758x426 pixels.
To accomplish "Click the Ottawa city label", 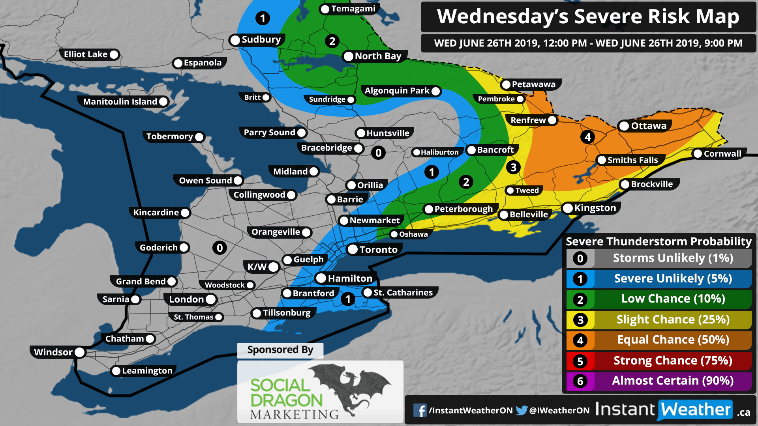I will coord(648,126).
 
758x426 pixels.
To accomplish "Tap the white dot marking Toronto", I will coord(353,249).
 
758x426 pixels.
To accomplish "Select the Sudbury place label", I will coord(261,39).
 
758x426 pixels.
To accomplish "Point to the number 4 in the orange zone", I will coord(587,137).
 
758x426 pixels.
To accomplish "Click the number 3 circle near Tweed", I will coord(513,167).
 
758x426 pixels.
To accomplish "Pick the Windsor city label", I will coord(53,352).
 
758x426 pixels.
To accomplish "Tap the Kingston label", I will coord(595,208).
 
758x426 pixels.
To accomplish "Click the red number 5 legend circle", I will coord(580,361).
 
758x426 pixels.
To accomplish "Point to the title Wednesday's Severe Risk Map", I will coord(588,17).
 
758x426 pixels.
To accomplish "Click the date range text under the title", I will coord(588,43).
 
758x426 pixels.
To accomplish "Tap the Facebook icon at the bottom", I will coord(420,410).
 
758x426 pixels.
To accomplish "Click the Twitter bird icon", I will coord(521,410).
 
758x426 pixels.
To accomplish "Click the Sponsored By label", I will coord(280,350).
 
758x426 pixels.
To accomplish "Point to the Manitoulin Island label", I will coord(120,101).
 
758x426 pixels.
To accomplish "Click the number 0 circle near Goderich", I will coord(220,248).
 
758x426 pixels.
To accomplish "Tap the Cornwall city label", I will coord(722,154).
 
